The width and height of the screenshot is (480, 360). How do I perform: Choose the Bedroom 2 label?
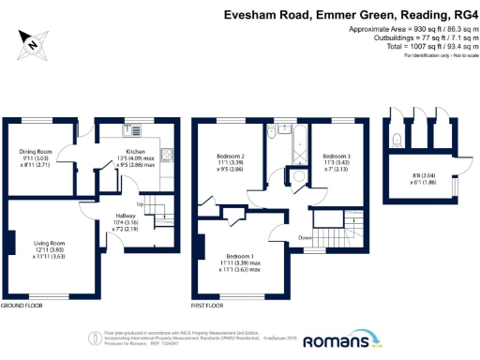click(x=231, y=156)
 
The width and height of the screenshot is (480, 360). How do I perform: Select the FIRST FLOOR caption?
click(x=209, y=306)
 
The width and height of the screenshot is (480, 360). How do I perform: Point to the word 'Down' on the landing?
click(x=307, y=237)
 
